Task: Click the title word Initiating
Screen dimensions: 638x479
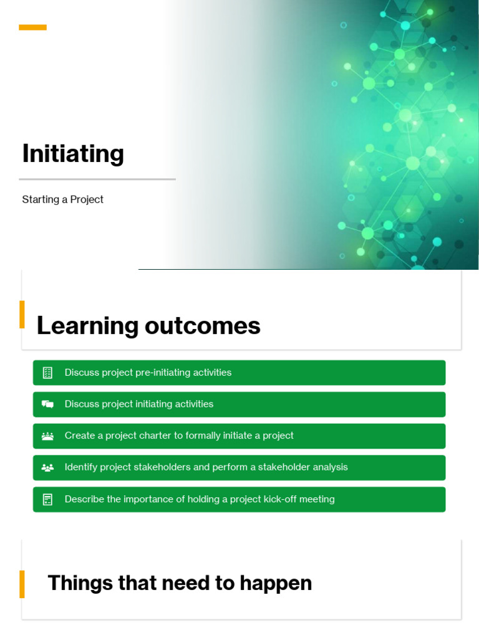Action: (x=73, y=153)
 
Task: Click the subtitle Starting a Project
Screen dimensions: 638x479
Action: (x=62, y=199)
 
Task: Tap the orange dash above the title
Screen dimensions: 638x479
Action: (x=32, y=27)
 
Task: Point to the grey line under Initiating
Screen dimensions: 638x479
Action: (x=99, y=179)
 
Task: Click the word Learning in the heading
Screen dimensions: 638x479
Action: (x=87, y=326)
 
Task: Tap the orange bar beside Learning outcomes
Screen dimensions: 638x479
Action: (x=22, y=314)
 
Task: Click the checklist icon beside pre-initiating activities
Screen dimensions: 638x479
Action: (x=47, y=373)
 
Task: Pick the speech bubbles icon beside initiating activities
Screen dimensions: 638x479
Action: (x=47, y=404)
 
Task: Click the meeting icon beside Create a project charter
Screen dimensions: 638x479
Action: (x=47, y=436)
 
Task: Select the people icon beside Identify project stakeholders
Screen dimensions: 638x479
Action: (x=47, y=467)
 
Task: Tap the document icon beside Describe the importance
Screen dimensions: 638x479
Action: (x=47, y=499)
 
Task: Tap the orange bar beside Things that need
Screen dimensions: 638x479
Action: (x=22, y=584)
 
